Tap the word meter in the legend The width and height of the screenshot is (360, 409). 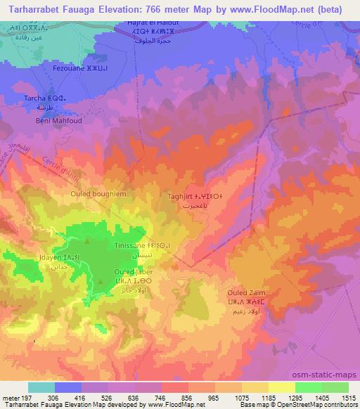pyautogui.click(x=11, y=396)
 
